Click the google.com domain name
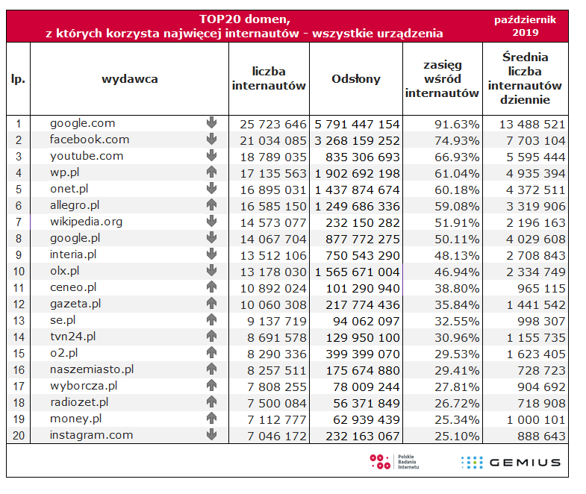coord(83,123)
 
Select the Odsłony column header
coord(355,79)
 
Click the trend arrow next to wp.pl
coord(211,172)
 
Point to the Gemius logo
coord(511,462)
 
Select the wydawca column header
coord(129,79)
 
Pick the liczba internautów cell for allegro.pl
coord(269,205)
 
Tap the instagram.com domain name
coord(91,435)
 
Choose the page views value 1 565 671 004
coord(357,271)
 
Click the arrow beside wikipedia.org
coord(211,222)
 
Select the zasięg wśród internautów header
coord(442,79)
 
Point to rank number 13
coord(18,320)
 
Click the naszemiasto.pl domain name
coord(92,369)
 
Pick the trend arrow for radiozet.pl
coord(211,402)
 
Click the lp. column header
coord(18,79)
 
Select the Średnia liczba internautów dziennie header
coord(526,78)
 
